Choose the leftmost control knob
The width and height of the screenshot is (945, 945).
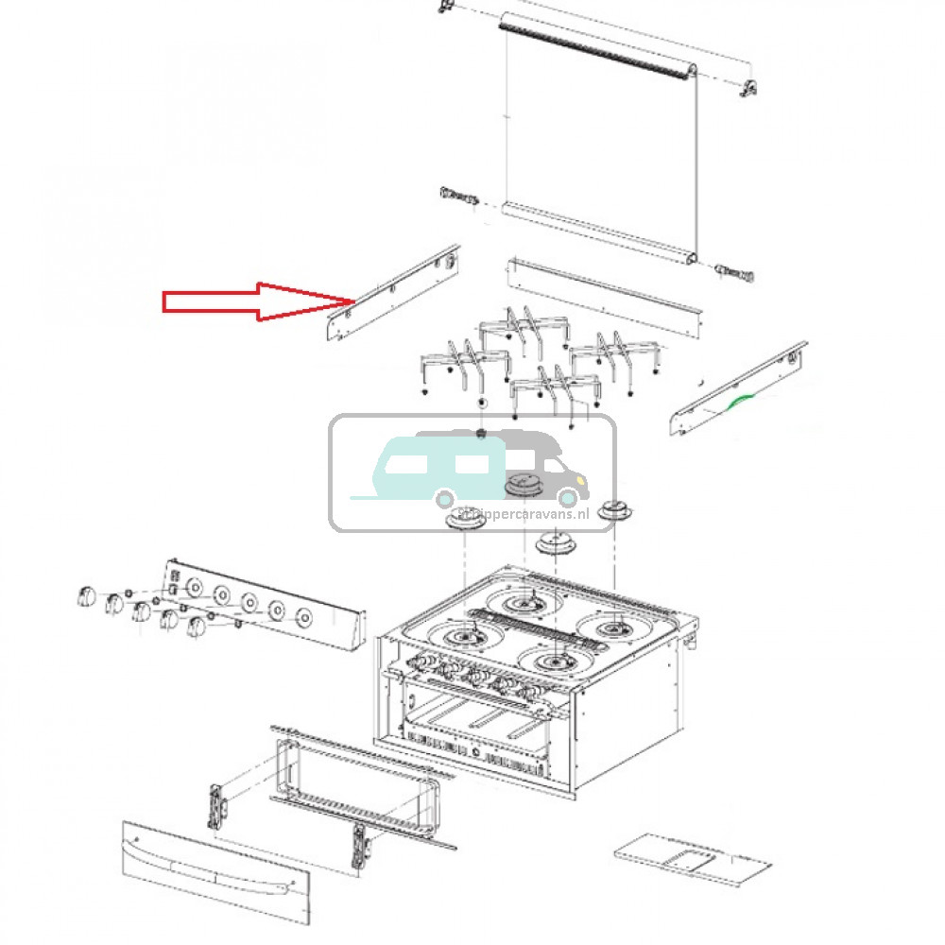[85, 597]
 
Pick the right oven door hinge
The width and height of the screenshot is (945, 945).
[360, 844]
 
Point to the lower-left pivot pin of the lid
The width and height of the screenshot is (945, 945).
[458, 198]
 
